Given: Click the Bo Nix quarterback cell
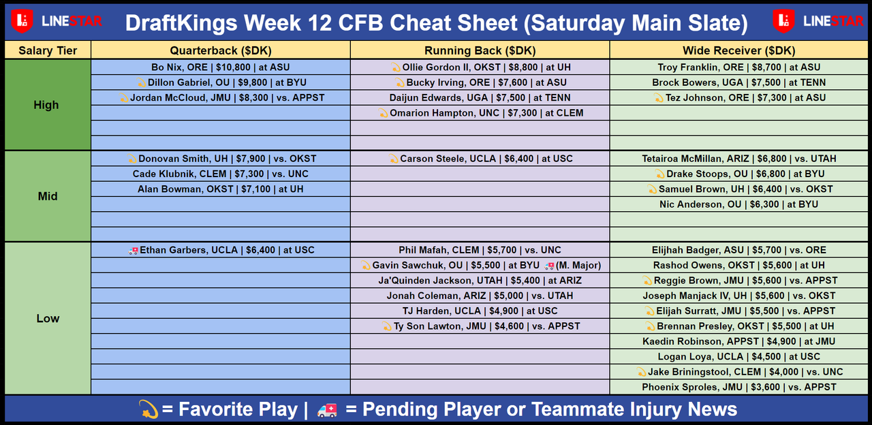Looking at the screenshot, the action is (220, 67).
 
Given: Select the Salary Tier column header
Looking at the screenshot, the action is (48, 50).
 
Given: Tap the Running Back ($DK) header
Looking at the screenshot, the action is (480, 50).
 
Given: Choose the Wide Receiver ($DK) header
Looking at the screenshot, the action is (739, 50).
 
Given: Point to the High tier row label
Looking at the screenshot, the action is (46, 105).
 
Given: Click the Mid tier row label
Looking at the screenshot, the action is (48, 196).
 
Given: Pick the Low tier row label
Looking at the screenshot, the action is (48, 318).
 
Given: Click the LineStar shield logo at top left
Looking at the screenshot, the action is (22, 20).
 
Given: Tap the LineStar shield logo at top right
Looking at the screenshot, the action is (783, 20).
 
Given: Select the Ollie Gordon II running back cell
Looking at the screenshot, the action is (480, 67).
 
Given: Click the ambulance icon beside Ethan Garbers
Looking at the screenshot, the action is (133, 251).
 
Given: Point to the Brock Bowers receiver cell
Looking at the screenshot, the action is (739, 82).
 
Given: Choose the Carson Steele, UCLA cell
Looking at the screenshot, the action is (480, 159).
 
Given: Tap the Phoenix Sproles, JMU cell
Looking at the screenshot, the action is (739, 387).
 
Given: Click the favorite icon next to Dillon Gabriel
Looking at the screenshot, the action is (141, 82).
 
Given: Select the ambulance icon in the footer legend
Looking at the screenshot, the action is (327, 410).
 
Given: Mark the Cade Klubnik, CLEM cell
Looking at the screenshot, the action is (220, 174).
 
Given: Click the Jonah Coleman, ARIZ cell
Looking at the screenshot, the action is (480, 296).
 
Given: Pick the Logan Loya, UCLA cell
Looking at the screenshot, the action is (739, 356).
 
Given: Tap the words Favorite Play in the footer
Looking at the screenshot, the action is (238, 409).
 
